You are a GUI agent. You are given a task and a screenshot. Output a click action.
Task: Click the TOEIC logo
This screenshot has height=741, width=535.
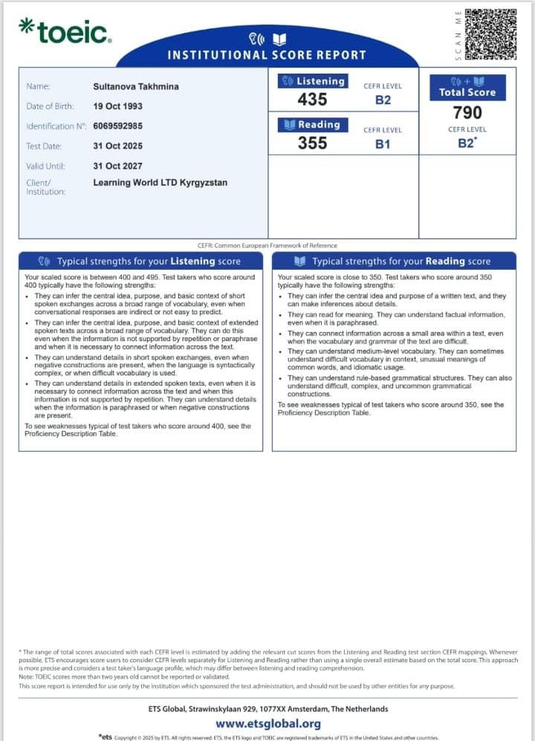(x=65, y=30)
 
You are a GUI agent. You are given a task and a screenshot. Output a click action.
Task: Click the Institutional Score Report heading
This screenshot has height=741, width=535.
(x=267, y=55)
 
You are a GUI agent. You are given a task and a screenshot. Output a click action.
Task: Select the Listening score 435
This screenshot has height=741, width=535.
(x=312, y=99)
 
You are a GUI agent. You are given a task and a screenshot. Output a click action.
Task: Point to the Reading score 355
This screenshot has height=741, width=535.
(x=312, y=143)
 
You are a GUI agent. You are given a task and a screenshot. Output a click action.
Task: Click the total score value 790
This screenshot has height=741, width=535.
(x=467, y=112)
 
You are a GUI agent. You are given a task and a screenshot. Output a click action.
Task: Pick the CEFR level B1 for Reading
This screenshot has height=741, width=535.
(x=383, y=144)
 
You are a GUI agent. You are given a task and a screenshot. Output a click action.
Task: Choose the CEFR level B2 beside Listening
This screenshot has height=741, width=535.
(x=383, y=100)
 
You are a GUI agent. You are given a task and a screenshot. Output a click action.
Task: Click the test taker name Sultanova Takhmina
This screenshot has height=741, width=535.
(x=136, y=86)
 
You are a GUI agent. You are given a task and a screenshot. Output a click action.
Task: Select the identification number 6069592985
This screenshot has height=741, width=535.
(x=123, y=126)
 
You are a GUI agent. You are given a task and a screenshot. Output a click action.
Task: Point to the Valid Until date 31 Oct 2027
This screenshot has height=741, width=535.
(x=117, y=166)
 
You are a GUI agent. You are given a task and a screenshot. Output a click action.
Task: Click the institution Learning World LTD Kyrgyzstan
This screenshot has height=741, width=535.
(x=160, y=182)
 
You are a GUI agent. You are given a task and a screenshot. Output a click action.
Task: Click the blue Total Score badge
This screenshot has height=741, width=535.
(x=467, y=87)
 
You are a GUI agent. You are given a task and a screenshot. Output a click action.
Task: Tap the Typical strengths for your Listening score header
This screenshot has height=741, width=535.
(x=140, y=262)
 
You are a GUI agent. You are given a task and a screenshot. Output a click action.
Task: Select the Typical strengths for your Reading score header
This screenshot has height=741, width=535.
(x=394, y=262)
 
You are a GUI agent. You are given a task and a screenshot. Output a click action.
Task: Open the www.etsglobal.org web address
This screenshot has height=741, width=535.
(x=268, y=723)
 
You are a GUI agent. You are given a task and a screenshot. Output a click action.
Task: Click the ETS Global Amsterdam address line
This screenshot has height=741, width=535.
(x=268, y=709)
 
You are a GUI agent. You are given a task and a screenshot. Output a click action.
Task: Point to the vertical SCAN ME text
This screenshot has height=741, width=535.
(x=458, y=34)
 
